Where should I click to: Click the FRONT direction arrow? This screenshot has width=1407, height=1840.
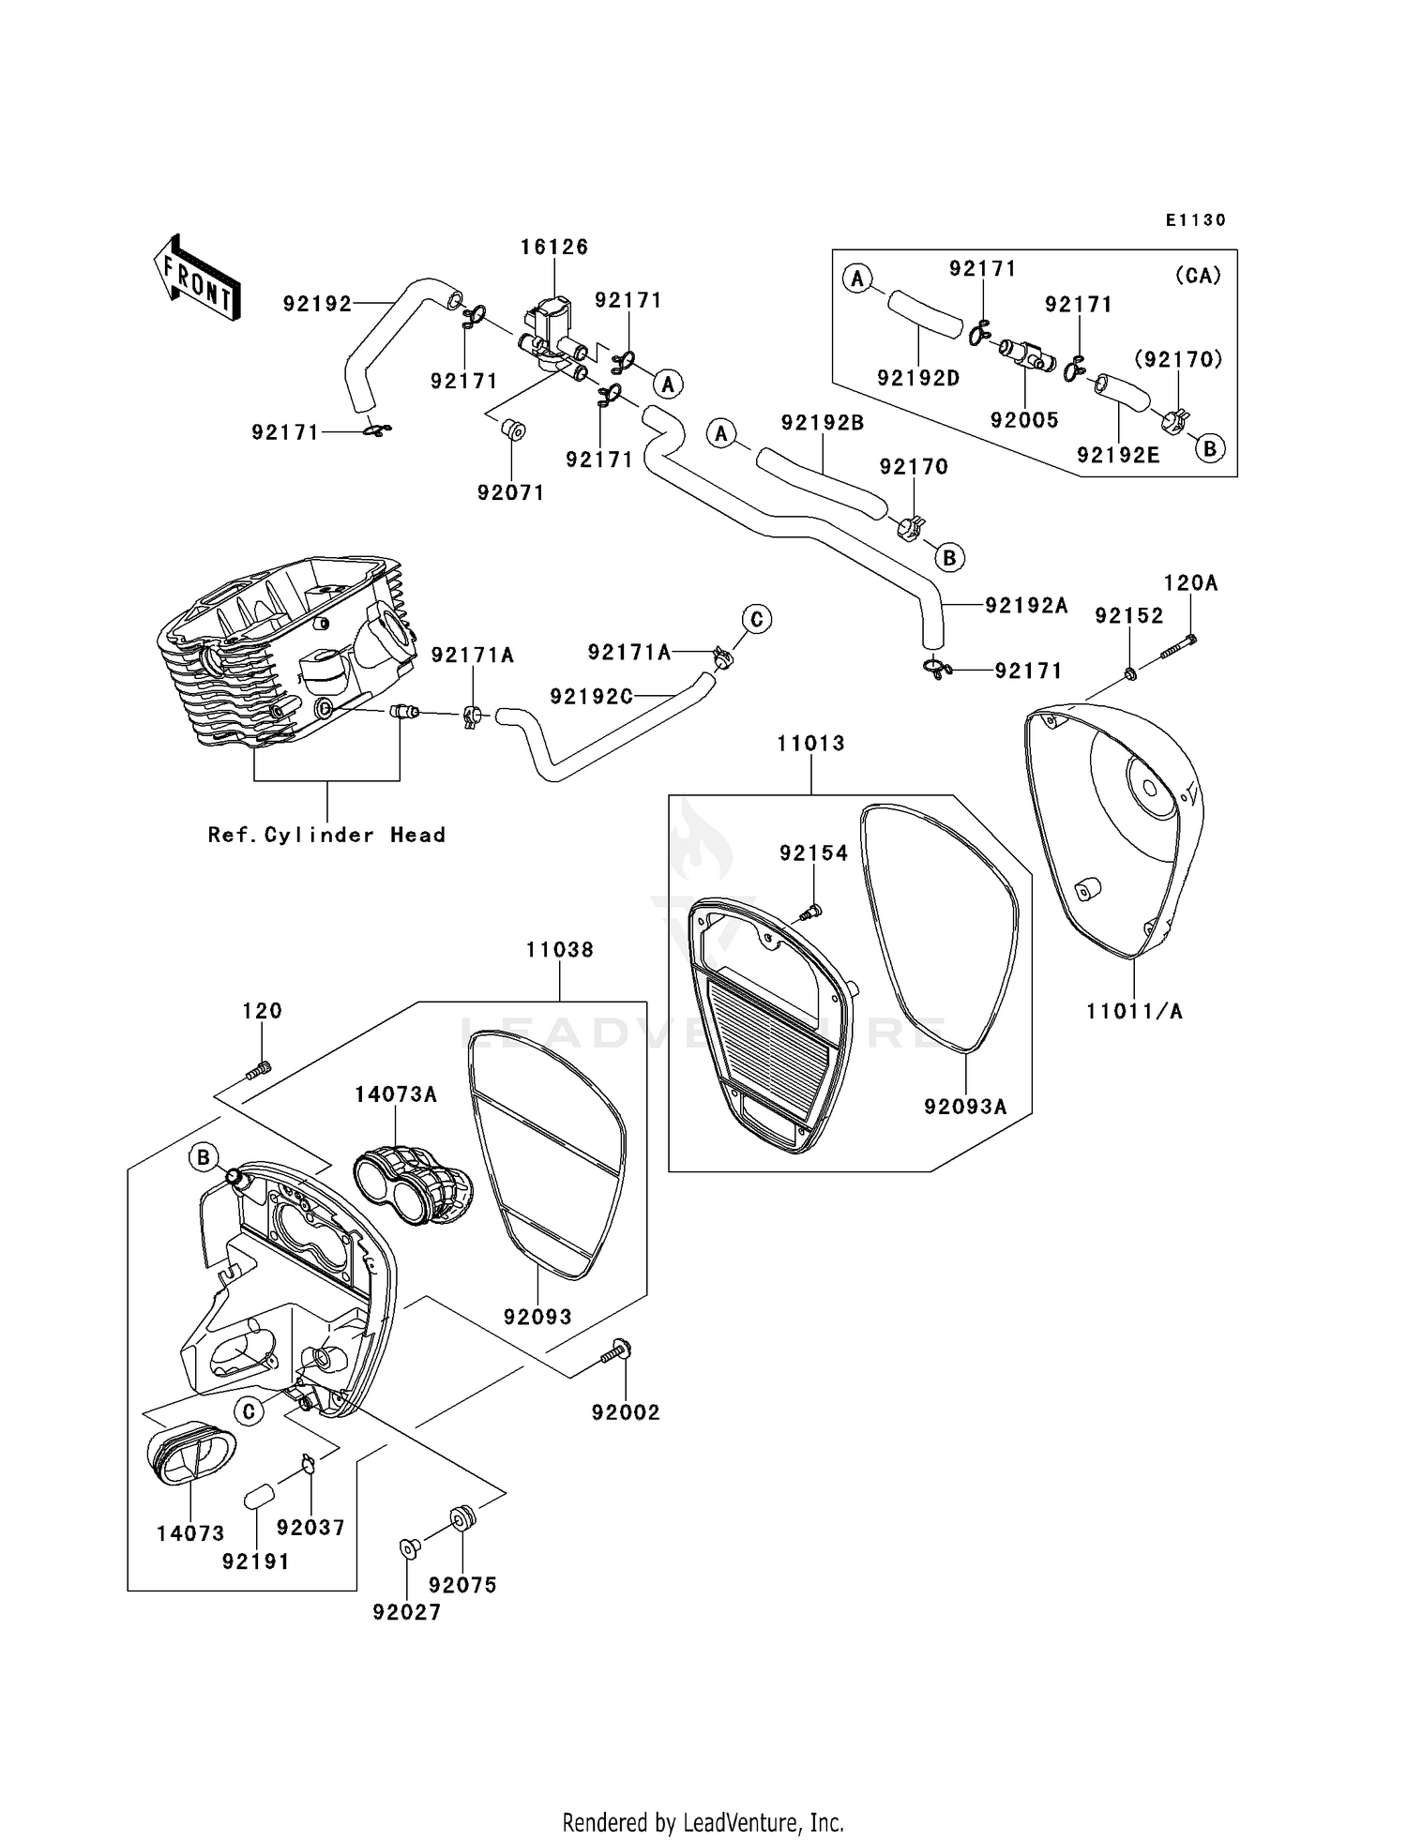(x=198, y=279)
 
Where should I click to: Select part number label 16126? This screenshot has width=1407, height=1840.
(x=554, y=247)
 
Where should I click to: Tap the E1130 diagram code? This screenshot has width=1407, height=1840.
(x=1196, y=220)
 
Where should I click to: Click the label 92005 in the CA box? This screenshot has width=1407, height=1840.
(x=1024, y=420)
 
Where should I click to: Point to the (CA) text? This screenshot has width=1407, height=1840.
(x=1198, y=276)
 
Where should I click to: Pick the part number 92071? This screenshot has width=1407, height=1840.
(x=510, y=492)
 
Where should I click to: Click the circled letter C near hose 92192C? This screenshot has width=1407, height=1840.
(x=756, y=619)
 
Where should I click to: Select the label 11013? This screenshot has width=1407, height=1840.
(x=810, y=744)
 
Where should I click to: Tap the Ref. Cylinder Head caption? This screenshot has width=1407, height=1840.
(x=326, y=835)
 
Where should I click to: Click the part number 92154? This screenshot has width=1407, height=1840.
(x=813, y=852)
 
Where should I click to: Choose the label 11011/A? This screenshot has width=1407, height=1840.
(x=1134, y=1011)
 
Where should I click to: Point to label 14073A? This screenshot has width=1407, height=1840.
(x=396, y=1094)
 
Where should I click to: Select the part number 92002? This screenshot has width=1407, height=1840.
(x=626, y=1412)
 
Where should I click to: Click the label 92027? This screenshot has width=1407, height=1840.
(x=406, y=1612)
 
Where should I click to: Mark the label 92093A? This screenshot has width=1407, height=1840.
(x=965, y=1107)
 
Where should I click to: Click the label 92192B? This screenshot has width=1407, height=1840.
(x=822, y=423)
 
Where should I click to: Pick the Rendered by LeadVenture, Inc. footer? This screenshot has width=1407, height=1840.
(x=703, y=1822)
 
